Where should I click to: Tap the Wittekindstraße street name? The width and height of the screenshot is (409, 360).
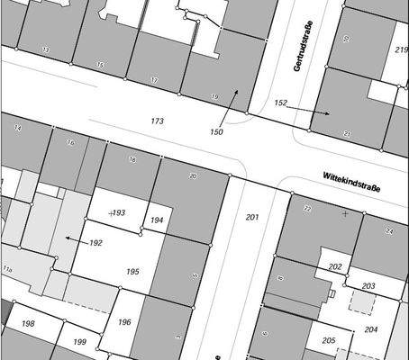[350, 181]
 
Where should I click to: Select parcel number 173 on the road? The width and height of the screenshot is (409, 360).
[158, 121]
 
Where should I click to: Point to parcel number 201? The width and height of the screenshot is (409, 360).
[251, 218]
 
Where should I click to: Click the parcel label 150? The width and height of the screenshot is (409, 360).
[216, 132]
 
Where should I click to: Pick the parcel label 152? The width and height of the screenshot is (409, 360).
[280, 103]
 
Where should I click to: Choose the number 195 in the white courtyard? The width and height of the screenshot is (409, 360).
[132, 272]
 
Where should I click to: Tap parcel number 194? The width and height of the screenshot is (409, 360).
[157, 220]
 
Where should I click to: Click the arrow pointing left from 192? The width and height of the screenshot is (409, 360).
[75, 238]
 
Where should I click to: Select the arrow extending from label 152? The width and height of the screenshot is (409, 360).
[310, 111]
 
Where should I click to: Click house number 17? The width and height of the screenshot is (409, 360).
[154, 81]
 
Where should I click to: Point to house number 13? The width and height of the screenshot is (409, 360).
[45, 49]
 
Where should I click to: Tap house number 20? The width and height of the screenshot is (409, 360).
[193, 175]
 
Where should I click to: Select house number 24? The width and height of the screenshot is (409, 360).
[389, 231]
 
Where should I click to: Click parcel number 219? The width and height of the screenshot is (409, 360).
[401, 50]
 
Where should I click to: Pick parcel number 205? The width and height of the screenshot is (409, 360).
[329, 340]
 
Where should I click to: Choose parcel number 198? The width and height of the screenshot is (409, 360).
[28, 323]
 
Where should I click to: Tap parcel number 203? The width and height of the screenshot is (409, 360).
[368, 286]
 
